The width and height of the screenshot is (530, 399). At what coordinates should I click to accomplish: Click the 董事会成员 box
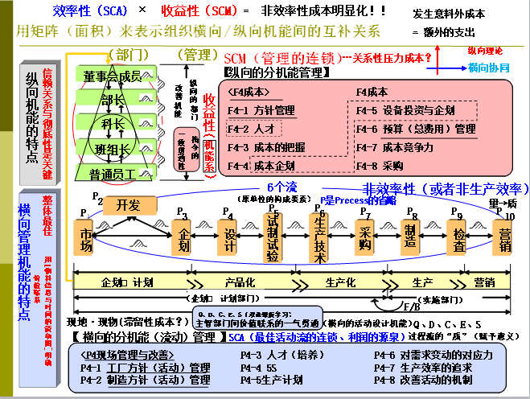[x=112, y=76]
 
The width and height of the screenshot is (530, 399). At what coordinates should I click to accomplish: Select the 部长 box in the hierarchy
[x=112, y=100]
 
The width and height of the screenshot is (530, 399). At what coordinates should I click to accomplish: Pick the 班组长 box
[x=112, y=149]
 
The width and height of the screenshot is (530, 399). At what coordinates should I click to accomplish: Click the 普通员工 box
[x=112, y=173]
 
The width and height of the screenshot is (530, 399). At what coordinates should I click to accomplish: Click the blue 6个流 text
[x=282, y=187]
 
